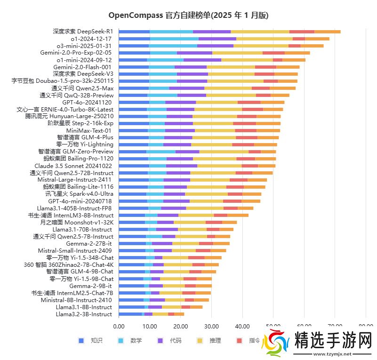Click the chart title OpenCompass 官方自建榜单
point(188,16)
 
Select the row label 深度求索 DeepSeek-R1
point(83,32)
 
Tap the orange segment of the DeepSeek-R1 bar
point(327,32)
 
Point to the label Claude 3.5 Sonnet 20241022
point(74,166)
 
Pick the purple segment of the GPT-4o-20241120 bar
point(180,102)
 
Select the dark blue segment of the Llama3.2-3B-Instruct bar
point(130,314)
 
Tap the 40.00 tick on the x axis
point(242,326)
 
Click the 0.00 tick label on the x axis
point(119,326)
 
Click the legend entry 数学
point(136,340)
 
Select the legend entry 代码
point(176,340)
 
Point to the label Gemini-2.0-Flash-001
point(83,67)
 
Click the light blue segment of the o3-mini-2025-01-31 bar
point(173,46)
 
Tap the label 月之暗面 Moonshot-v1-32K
point(77,222)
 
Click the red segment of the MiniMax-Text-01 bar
point(246,130)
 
